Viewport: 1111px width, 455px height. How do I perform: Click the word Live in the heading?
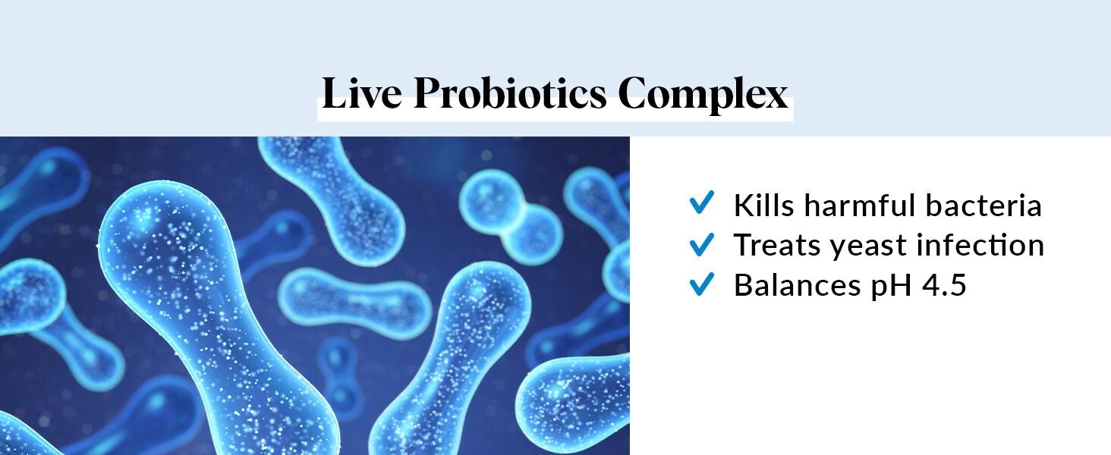362,93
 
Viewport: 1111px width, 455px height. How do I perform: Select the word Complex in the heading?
703,95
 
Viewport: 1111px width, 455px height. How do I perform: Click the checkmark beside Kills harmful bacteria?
702,202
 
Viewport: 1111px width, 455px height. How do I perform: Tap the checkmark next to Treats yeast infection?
702,244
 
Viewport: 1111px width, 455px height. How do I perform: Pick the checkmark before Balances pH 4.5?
702,284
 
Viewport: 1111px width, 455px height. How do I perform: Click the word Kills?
763,205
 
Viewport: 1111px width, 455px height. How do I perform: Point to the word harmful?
860,205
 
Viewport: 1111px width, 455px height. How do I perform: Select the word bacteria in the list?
984,205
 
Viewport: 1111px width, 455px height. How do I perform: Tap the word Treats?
777,245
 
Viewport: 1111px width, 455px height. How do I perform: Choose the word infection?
980,245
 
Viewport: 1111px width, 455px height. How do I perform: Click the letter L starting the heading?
335,93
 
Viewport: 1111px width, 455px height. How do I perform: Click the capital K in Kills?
744,206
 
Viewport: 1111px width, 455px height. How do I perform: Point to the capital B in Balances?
744,285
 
